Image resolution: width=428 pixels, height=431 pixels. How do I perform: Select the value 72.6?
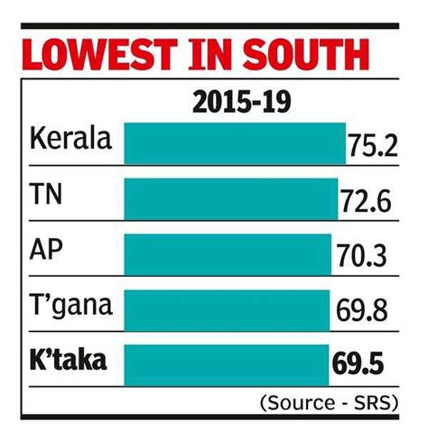pos(365,201)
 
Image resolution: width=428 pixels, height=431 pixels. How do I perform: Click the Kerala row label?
pos(70,142)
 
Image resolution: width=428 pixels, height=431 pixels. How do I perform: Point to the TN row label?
pos(46,196)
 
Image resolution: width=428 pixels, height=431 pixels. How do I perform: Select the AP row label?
pos(46,251)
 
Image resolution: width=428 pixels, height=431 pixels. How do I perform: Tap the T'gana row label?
pos(70,307)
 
